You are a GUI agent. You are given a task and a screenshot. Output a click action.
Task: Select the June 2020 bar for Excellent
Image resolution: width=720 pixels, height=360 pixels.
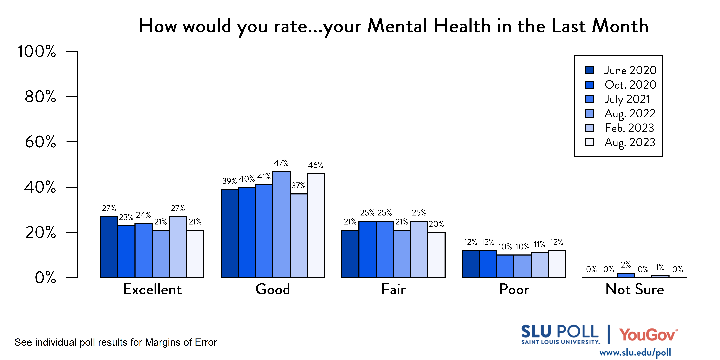[x=109, y=247]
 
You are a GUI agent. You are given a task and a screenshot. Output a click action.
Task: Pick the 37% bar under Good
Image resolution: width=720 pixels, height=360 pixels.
[x=299, y=236]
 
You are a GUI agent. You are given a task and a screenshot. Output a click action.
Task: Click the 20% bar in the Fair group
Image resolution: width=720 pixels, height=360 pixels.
[x=436, y=255]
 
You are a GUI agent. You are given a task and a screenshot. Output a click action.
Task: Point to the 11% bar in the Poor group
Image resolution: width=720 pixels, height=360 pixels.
[x=539, y=265]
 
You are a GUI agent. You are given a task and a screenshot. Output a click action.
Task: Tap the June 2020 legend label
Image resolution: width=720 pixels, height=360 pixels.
[x=630, y=70]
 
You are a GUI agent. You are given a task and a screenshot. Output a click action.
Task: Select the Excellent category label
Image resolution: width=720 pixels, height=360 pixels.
[x=152, y=289]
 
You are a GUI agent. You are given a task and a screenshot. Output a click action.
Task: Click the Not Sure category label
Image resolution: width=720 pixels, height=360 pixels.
[x=634, y=289]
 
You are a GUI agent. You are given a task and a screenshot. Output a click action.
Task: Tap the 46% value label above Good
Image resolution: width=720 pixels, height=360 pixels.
[x=316, y=165]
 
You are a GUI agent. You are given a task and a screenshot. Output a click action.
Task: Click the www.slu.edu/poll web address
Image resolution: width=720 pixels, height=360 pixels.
[x=635, y=352]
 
